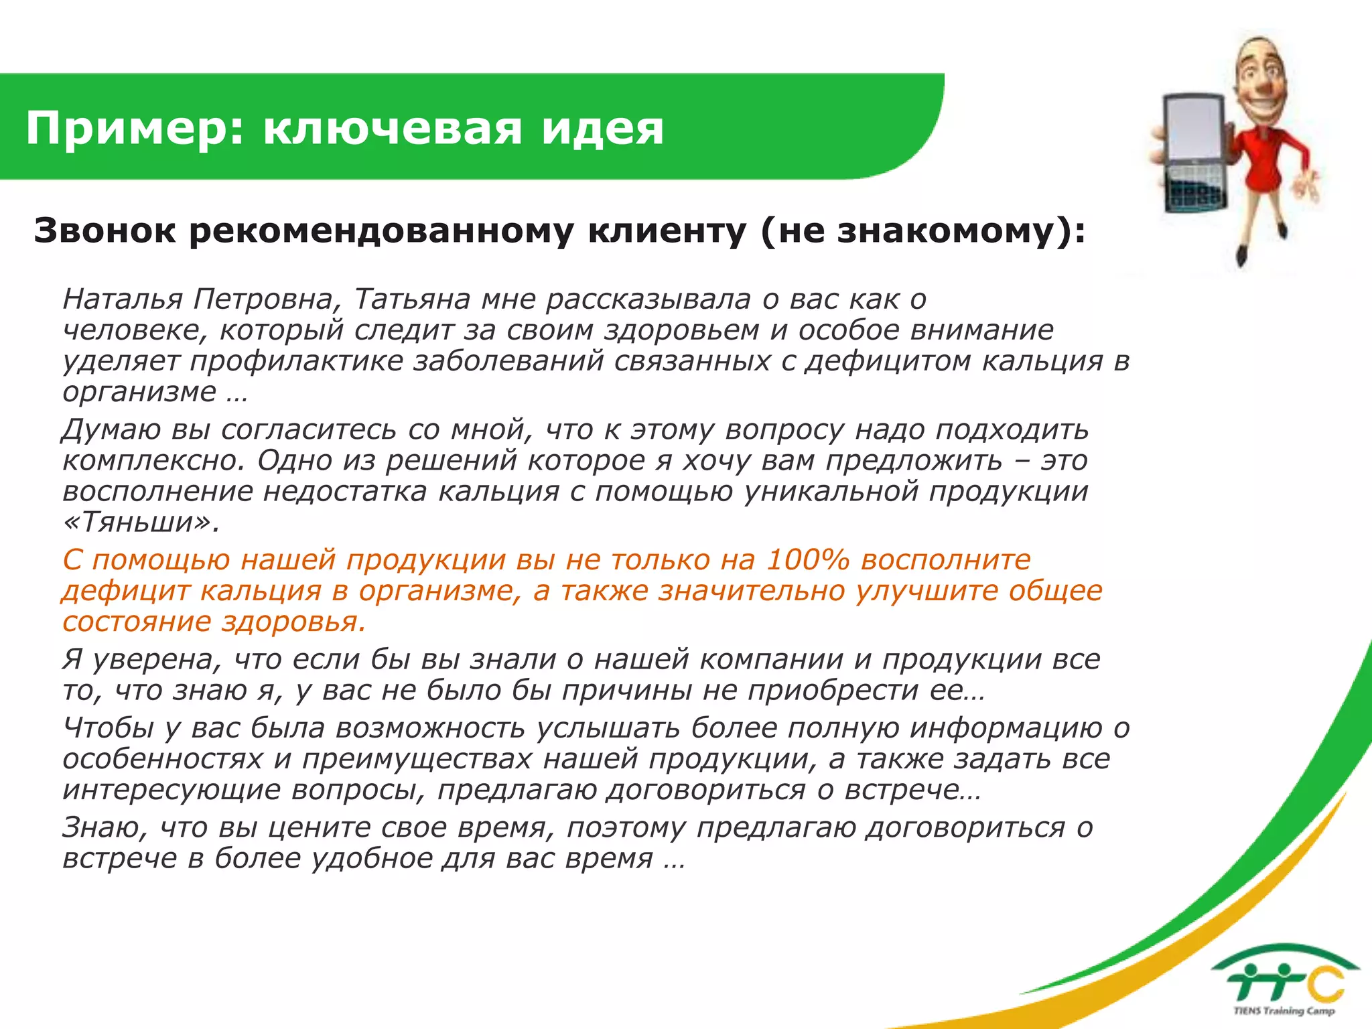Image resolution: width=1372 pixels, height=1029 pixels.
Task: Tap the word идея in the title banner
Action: coord(602,129)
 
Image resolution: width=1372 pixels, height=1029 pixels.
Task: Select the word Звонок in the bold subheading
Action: coord(105,231)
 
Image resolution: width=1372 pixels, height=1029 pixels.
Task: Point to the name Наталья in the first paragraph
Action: coord(122,299)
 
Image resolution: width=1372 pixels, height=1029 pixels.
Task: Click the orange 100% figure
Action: coord(807,559)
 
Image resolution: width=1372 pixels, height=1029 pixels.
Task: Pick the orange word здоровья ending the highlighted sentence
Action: coord(293,622)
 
